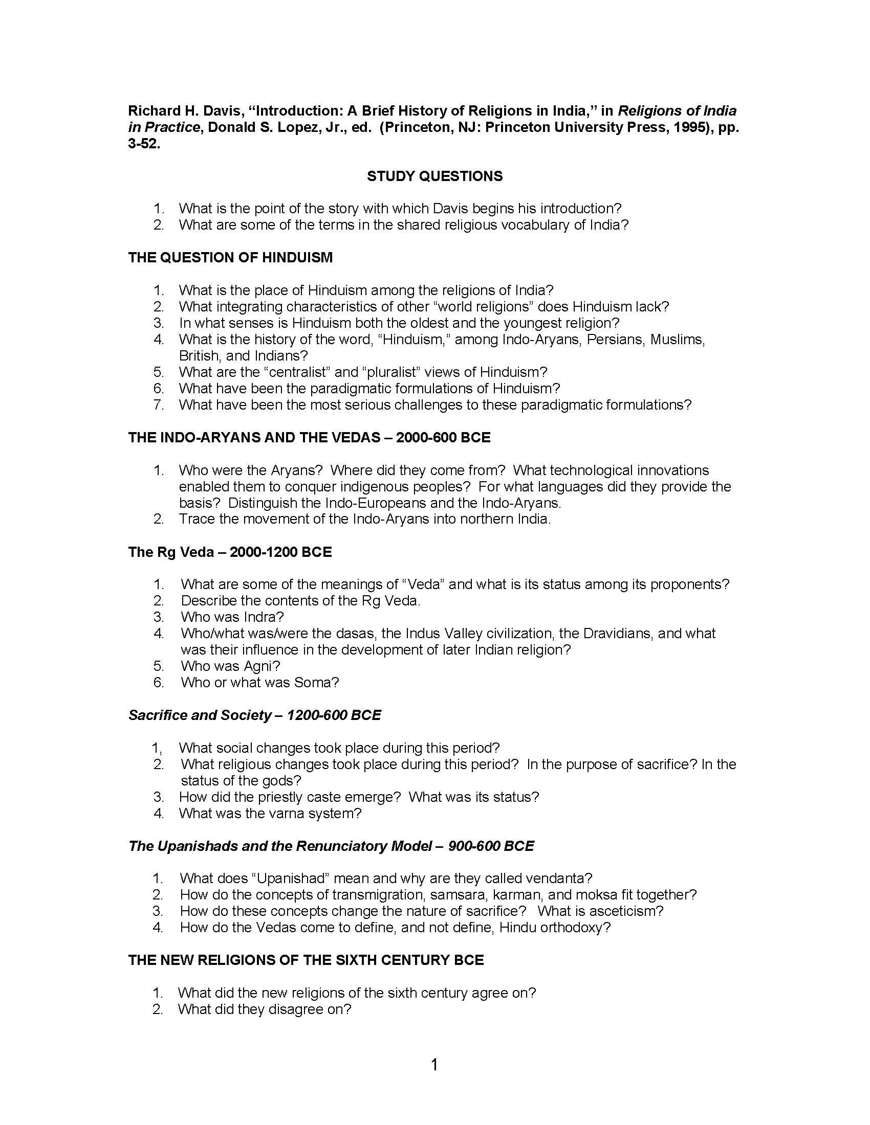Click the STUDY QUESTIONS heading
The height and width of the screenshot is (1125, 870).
tap(434, 176)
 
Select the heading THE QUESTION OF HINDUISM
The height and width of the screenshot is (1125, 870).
tap(230, 257)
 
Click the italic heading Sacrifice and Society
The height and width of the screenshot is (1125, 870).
tap(200, 715)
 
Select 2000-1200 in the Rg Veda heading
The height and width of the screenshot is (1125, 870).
tap(263, 552)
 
